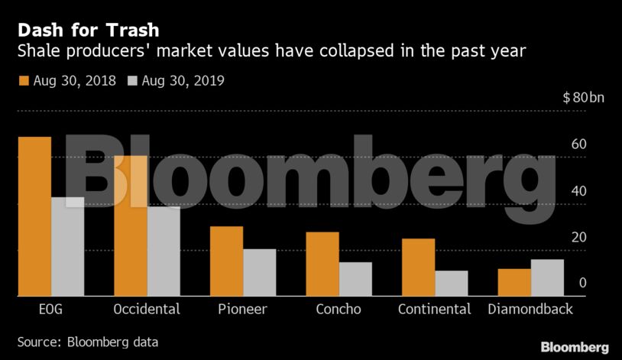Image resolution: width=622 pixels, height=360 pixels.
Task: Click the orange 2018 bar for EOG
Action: (x=34, y=216)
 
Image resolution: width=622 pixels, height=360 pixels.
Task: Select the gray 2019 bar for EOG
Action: (x=67, y=246)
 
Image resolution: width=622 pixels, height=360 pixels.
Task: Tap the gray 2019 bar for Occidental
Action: (x=164, y=251)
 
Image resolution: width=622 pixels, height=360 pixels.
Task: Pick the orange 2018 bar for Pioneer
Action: (x=226, y=261)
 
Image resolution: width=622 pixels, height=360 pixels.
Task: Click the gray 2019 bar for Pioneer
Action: (x=259, y=272)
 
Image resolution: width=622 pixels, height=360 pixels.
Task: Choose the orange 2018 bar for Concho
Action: (x=322, y=264)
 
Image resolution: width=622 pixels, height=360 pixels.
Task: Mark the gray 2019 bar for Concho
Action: (x=355, y=279)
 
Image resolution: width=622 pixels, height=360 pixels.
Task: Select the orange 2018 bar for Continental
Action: (x=419, y=268)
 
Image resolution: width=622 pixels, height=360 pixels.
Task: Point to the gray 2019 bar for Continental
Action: (x=452, y=283)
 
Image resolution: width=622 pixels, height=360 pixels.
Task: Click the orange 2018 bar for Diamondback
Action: (x=514, y=282)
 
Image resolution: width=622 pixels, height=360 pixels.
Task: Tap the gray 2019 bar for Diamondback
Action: (x=547, y=277)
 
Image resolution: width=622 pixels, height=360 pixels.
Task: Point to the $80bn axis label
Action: (x=583, y=99)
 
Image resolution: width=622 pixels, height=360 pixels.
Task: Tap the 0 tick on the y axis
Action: (x=582, y=283)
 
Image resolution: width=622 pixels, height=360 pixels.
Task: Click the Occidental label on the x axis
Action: (x=146, y=310)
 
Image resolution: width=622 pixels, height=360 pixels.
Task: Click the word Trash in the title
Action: (x=133, y=31)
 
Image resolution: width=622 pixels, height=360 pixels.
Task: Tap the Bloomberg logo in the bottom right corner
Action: (x=575, y=346)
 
